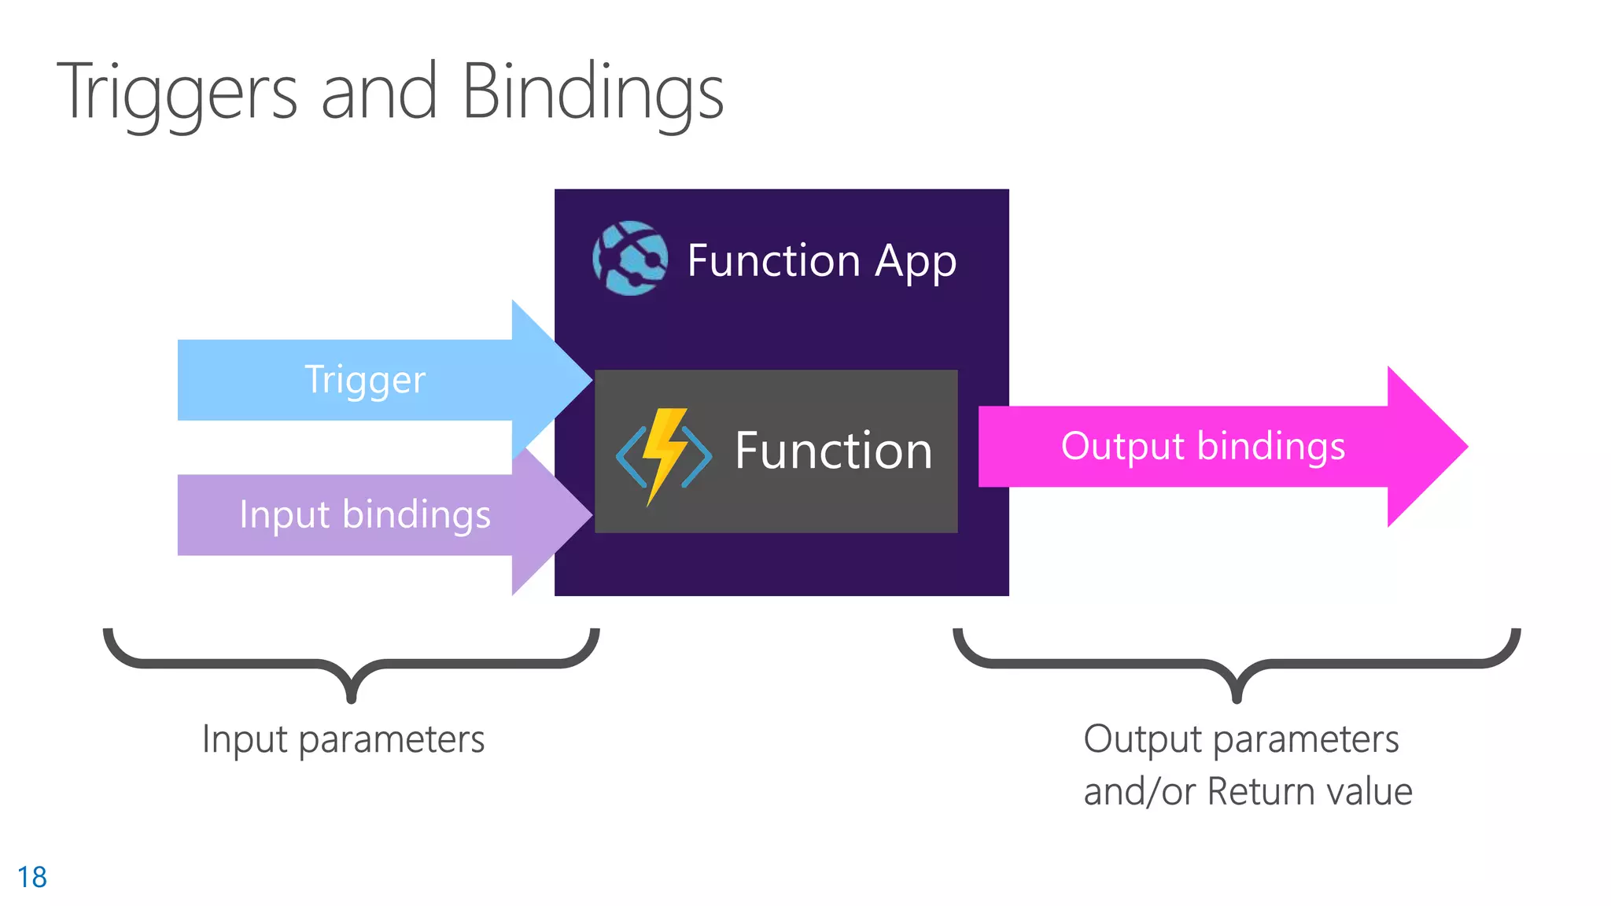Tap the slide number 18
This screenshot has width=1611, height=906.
coord(32,877)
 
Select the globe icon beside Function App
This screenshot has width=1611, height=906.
coord(630,258)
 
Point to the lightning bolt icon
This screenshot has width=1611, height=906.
coord(664,456)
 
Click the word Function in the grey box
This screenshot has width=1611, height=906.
coord(834,451)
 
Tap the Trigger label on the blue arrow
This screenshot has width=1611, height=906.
coord(365,381)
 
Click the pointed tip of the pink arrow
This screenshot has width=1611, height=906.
coord(1468,447)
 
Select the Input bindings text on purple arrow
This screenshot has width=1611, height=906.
coord(365,516)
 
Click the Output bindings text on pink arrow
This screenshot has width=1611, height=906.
coord(1203,447)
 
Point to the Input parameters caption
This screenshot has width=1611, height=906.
coord(343,740)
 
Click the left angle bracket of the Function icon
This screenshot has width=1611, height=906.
coord(631,457)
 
